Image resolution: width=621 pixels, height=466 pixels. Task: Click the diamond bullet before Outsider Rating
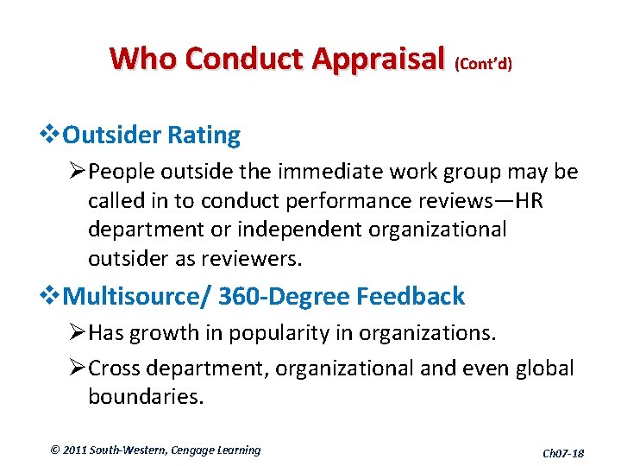(53, 135)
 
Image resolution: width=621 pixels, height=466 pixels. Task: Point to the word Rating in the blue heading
(204, 135)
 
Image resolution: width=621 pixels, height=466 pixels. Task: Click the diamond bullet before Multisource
(53, 296)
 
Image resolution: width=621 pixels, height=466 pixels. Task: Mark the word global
(543, 368)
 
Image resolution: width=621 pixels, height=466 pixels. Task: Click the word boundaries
(146, 397)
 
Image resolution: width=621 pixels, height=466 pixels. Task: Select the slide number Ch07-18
(562, 453)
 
